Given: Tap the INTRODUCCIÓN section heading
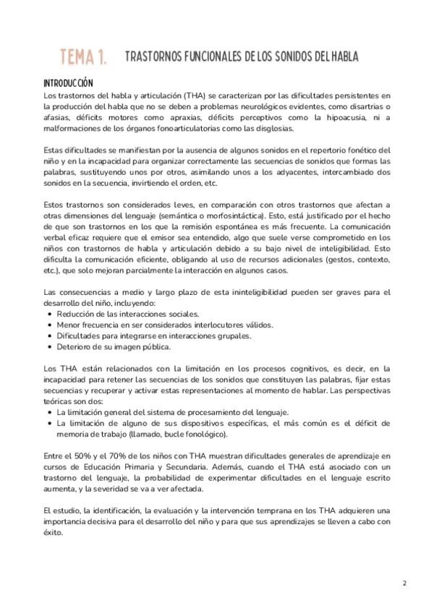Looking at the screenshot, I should point(68,83).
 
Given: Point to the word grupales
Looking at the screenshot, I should point(233,336).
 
